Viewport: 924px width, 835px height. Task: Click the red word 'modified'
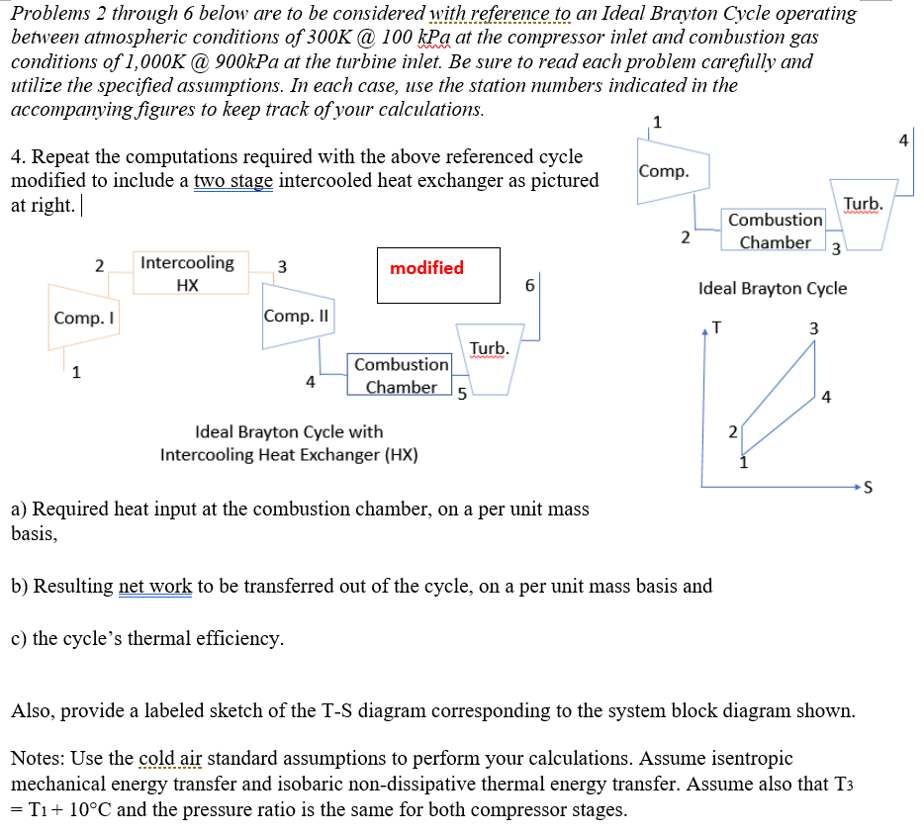click(426, 268)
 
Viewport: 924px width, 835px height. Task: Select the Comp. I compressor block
click(83, 318)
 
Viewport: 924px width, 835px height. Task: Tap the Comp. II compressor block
click(298, 317)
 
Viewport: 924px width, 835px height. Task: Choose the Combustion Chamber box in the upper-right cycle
click(775, 231)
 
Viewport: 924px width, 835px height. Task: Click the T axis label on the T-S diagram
click(717, 327)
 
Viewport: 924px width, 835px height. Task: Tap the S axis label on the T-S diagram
click(868, 487)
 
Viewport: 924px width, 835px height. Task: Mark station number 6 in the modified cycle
click(530, 285)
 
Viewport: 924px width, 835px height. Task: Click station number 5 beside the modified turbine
click(460, 397)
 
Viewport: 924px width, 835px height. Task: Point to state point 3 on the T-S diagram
click(813, 327)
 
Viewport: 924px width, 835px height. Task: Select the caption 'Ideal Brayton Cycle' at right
click(772, 288)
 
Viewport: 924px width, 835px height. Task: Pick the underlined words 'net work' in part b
click(155, 586)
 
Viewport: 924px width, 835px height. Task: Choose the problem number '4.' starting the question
click(18, 157)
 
